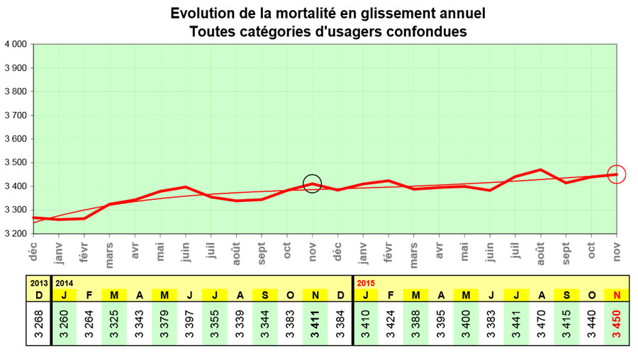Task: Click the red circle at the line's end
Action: point(617,174)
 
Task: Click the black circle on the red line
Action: point(312,184)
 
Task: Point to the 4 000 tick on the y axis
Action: point(16,44)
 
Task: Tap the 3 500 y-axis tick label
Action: point(16,162)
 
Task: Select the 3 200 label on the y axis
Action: point(16,233)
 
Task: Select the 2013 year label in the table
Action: point(38,282)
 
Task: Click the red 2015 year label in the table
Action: point(366,282)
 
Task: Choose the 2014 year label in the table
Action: point(65,282)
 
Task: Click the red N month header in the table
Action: point(616,294)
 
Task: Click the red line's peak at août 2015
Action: point(541,169)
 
